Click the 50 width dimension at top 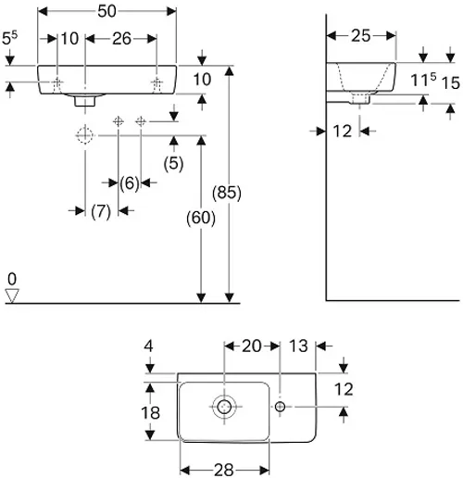click(x=106, y=11)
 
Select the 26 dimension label click(x=121, y=39)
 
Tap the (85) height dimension click(x=227, y=193)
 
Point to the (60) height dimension click(x=201, y=218)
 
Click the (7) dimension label click(x=101, y=211)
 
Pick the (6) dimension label click(x=130, y=183)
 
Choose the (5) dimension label click(x=173, y=163)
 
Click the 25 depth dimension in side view click(x=361, y=36)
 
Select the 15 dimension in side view click(x=451, y=83)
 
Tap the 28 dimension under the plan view click(x=224, y=470)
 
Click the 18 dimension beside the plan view click(x=150, y=413)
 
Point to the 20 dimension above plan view click(x=252, y=346)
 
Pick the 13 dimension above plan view click(x=298, y=346)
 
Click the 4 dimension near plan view click(x=148, y=346)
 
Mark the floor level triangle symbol click(x=12, y=296)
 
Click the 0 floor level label click(x=12, y=279)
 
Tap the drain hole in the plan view click(x=224, y=407)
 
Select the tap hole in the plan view click(x=280, y=407)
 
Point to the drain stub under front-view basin click(x=85, y=101)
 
